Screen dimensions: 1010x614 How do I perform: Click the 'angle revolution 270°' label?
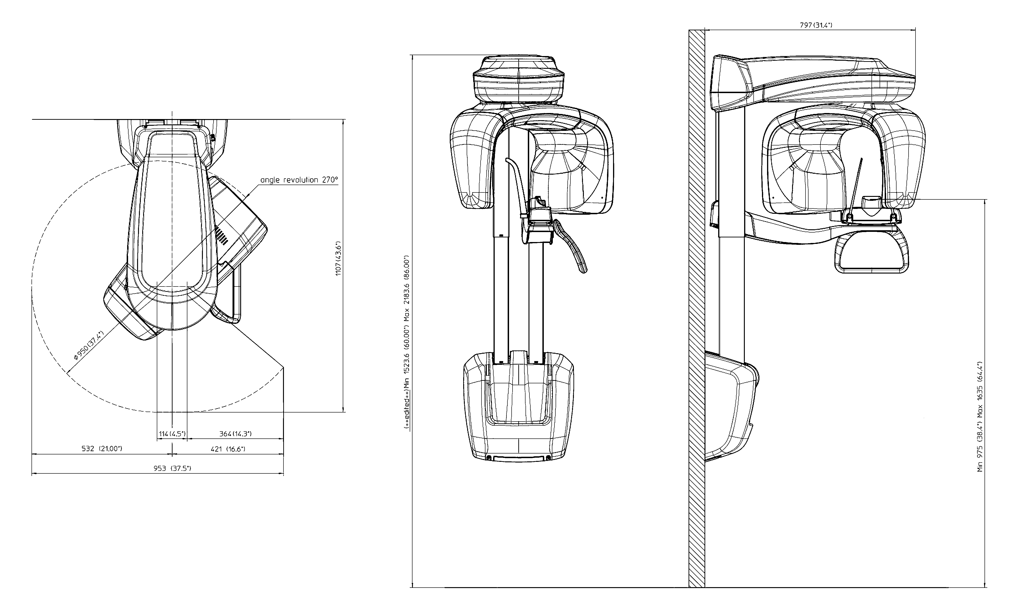click(x=299, y=180)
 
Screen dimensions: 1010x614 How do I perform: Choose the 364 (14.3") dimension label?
click(x=235, y=434)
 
